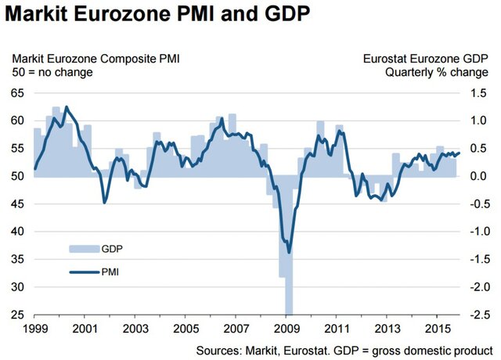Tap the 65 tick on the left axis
tap(16, 93)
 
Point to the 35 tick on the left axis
tap(16, 260)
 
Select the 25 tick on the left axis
tap(16, 315)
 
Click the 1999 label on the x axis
tap(34, 329)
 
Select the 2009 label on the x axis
tap(288, 329)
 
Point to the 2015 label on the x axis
tap(440, 329)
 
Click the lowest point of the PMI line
tap(289, 252)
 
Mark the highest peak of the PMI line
tap(66, 106)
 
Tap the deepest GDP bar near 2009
tap(288, 297)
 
